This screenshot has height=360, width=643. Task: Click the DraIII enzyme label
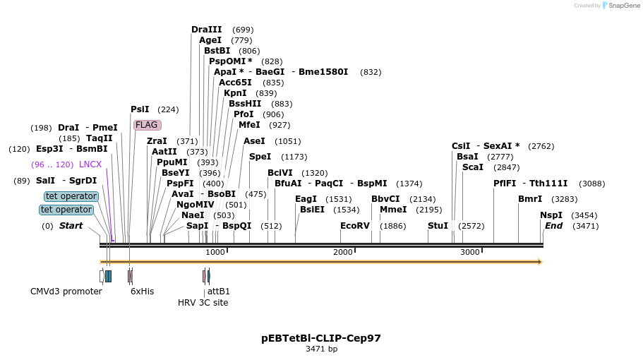206,30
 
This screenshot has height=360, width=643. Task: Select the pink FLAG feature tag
147,125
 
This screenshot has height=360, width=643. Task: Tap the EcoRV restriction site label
354,226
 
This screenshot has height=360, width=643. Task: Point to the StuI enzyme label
438,226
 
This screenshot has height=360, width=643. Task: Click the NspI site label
551,215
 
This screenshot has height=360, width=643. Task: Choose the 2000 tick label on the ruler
342,253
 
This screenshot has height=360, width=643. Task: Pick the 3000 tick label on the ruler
469,253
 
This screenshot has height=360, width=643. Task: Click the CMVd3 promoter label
66,292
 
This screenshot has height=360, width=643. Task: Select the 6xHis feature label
142,292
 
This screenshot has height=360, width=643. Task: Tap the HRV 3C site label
203,303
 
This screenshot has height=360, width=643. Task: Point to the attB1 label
218,292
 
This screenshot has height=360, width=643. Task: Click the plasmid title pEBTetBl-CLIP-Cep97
321,338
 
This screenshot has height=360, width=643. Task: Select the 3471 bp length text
321,349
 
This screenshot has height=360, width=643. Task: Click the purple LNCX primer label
90,164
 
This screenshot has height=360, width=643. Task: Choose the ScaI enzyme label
472,167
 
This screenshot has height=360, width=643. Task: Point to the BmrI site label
530,199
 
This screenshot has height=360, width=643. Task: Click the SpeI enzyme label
260,157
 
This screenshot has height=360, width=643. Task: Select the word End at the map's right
553,226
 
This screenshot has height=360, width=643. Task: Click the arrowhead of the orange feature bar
540,262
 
